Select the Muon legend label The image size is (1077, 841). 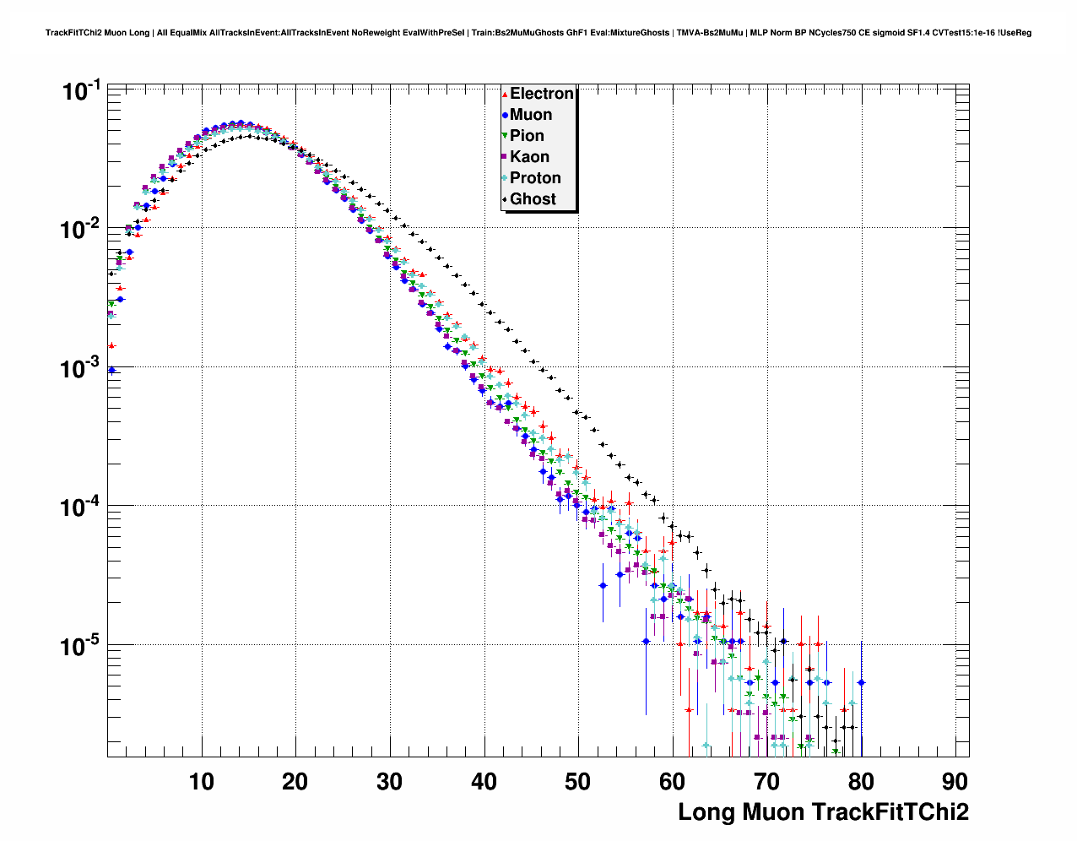[530, 115]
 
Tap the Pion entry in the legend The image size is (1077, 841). [527, 136]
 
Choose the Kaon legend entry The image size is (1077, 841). [529, 157]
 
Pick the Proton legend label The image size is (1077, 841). [535, 178]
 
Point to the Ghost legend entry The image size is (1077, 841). [533, 199]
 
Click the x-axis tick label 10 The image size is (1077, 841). [201, 782]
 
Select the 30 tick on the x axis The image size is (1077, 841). [390, 782]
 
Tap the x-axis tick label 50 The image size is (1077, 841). [578, 782]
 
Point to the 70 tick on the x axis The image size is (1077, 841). [766, 782]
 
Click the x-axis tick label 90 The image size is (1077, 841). [955, 782]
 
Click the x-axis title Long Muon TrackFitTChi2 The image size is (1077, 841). [823, 812]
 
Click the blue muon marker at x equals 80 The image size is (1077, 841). [861, 683]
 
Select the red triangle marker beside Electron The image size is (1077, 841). [505, 94]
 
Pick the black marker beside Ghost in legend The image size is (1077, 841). [505, 199]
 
